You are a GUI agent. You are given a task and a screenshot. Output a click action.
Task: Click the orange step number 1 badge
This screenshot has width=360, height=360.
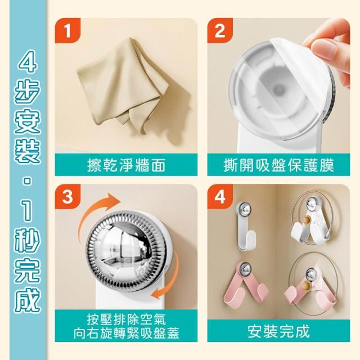67,30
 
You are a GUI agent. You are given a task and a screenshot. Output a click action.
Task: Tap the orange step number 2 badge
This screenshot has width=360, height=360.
220,30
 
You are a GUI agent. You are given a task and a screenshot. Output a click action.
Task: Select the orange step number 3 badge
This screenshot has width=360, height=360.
67,196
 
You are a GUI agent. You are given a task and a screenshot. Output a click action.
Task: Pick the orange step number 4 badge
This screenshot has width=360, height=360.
220,196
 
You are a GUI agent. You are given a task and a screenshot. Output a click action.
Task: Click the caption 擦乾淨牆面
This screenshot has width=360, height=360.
126,165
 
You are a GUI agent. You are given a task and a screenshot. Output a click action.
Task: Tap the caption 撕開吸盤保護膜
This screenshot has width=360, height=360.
278,165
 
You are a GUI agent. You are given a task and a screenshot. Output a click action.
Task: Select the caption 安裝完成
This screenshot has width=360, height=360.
278,331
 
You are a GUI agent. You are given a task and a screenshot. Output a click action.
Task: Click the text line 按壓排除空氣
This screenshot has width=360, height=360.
126,319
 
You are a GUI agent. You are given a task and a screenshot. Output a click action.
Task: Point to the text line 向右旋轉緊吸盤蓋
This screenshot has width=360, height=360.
126,333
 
